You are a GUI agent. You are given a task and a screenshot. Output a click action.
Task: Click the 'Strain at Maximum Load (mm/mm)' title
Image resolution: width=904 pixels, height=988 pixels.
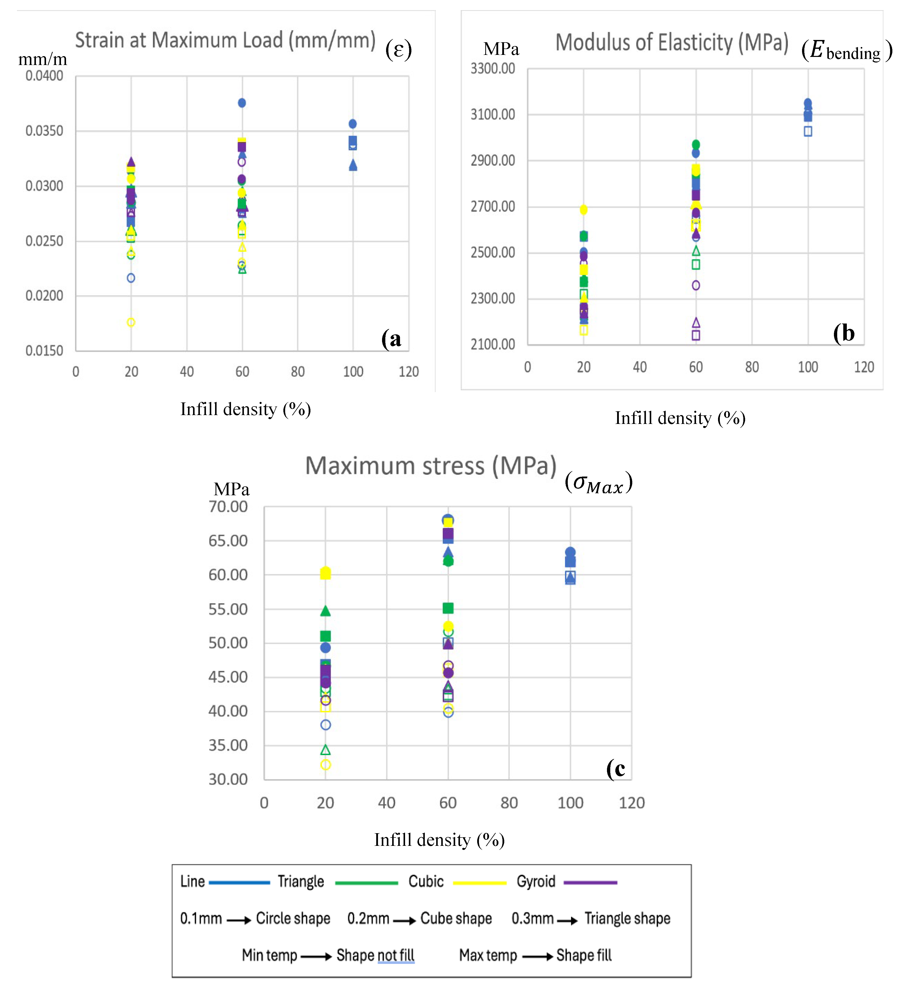click(x=225, y=40)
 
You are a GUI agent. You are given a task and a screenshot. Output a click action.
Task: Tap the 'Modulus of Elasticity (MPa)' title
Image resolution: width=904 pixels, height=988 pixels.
click(x=672, y=43)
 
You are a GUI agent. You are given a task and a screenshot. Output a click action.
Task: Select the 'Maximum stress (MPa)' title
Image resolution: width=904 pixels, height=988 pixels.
click(x=430, y=466)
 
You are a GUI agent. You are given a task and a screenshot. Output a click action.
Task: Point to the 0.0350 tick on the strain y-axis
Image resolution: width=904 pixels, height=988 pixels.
click(x=44, y=131)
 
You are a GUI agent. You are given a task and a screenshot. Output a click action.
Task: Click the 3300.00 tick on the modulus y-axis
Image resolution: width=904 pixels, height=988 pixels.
click(x=493, y=69)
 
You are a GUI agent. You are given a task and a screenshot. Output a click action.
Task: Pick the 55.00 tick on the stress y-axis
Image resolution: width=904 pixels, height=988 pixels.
click(x=228, y=609)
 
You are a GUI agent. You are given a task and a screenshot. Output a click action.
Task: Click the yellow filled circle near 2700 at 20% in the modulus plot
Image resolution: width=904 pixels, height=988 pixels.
click(x=583, y=210)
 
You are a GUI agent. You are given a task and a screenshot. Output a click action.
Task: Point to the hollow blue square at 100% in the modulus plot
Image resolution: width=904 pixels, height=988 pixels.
click(x=808, y=131)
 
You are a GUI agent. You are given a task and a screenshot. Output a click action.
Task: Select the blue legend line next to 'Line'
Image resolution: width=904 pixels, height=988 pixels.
click(x=239, y=883)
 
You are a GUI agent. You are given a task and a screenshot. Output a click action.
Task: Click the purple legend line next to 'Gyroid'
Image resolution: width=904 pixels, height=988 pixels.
click(x=590, y=883)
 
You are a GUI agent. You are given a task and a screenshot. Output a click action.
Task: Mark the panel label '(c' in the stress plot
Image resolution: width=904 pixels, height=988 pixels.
click(x=616, y=768)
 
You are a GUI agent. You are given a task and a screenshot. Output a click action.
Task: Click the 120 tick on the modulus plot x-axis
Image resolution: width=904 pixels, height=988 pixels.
click(x=864, y=367)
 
